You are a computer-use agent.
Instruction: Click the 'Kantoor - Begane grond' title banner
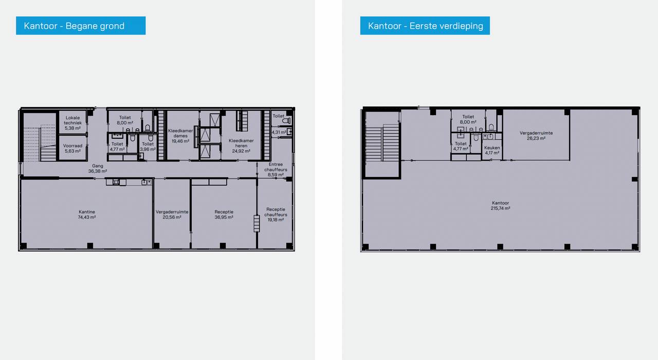[x=81, y=26]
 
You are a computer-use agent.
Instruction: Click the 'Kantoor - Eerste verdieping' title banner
[x=425, y=26]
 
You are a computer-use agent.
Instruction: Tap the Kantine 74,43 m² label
[x=87, y=214]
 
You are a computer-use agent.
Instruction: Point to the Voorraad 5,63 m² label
[x=72, y=149]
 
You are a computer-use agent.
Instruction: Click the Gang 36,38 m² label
[x=98, y=168]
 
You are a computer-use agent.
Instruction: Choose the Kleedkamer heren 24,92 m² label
[x=241, y=146]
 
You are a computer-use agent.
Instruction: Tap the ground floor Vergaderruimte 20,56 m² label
[x=172, y=214]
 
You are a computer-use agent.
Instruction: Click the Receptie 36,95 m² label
[x=224, y=214]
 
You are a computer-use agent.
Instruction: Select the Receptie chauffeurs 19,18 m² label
[x=276, y=214]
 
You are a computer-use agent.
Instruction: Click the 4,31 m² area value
[x=279, y=132]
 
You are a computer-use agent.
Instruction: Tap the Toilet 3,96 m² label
[x=148, y=147]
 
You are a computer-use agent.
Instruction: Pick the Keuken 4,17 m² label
[x=492, y=150]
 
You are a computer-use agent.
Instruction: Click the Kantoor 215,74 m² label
[x=500, y=205]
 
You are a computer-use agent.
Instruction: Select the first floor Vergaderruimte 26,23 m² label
[x=536, y=135]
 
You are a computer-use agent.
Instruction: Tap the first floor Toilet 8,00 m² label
[x=468, y=119]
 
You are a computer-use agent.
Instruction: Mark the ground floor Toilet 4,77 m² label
[x=117, y=147]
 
